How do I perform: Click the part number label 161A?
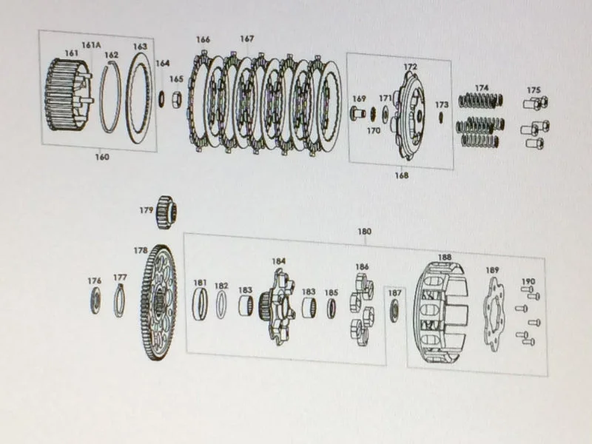point(91,45)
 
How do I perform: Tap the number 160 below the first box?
point(102,157)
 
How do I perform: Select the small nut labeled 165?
point(177,100)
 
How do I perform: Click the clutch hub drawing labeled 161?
point(68,95)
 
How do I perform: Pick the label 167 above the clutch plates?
point(246,39)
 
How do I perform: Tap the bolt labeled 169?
point(357,113)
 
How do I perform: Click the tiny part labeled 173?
point(440,117)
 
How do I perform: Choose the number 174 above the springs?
point(482,88)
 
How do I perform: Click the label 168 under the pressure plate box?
point(401,175)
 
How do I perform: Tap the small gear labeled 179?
point(166,212)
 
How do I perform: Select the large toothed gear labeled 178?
point(158,302)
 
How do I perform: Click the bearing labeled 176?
point(95,300)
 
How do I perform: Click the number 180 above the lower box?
point(364,232)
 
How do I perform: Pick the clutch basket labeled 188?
point(440,312)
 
